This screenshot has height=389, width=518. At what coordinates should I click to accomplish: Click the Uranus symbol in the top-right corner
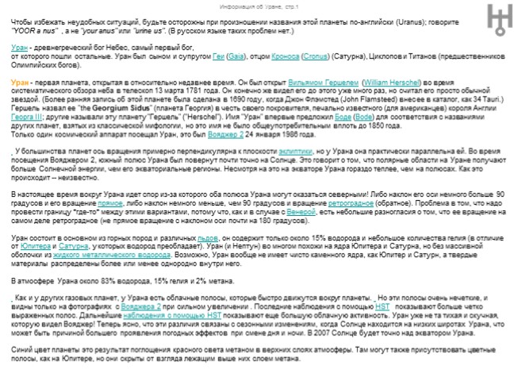[x=499, y=17]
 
